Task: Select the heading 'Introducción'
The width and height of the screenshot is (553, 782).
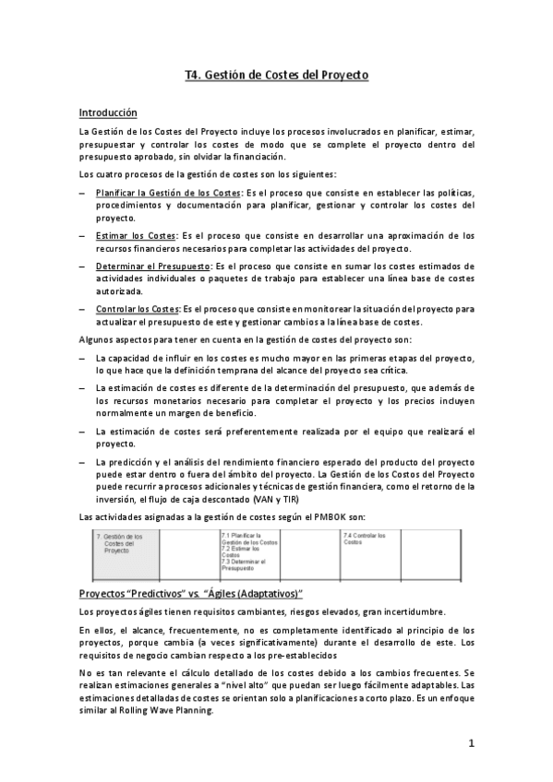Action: click(x=108, y=113)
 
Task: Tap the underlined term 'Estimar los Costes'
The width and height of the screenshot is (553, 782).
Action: click(x=137, y=236)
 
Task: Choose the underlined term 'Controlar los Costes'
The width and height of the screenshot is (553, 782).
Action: click(x=138, y=309)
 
